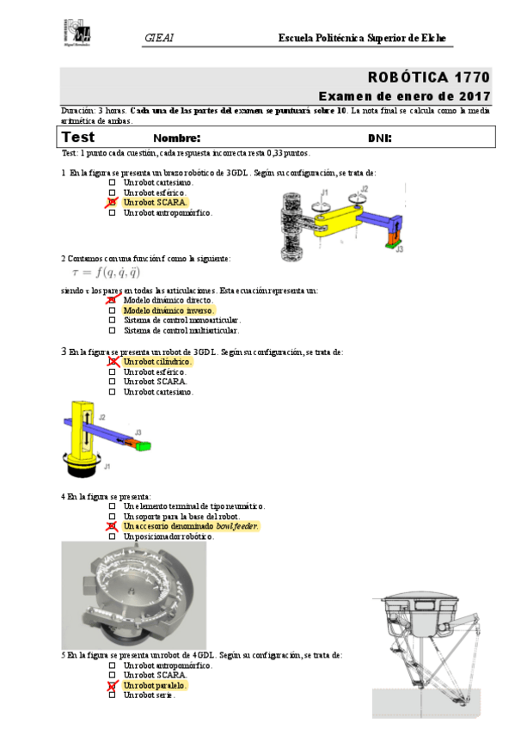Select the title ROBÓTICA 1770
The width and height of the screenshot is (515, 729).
[x=429, y=77]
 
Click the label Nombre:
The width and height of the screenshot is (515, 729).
[x=176, y=138]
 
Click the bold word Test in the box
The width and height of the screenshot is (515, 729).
[x=78, y=137]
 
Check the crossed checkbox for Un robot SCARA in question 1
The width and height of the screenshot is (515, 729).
[x=112, y=203]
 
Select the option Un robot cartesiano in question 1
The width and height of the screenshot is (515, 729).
[x=158, y=182]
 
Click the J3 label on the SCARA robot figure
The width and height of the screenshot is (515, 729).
[x=400, y=248]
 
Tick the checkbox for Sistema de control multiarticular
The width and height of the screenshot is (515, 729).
[x=112, y=330]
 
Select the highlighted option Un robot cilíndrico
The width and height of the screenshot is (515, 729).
[x=157, y=362]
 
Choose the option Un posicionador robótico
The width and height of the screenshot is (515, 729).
[x=168, y=536]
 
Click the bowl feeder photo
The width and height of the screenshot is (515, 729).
[x=133, y=594]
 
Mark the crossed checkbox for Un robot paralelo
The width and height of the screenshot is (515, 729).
[x=112, y=685]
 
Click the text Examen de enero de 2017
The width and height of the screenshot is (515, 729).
[x=404, y=96]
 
